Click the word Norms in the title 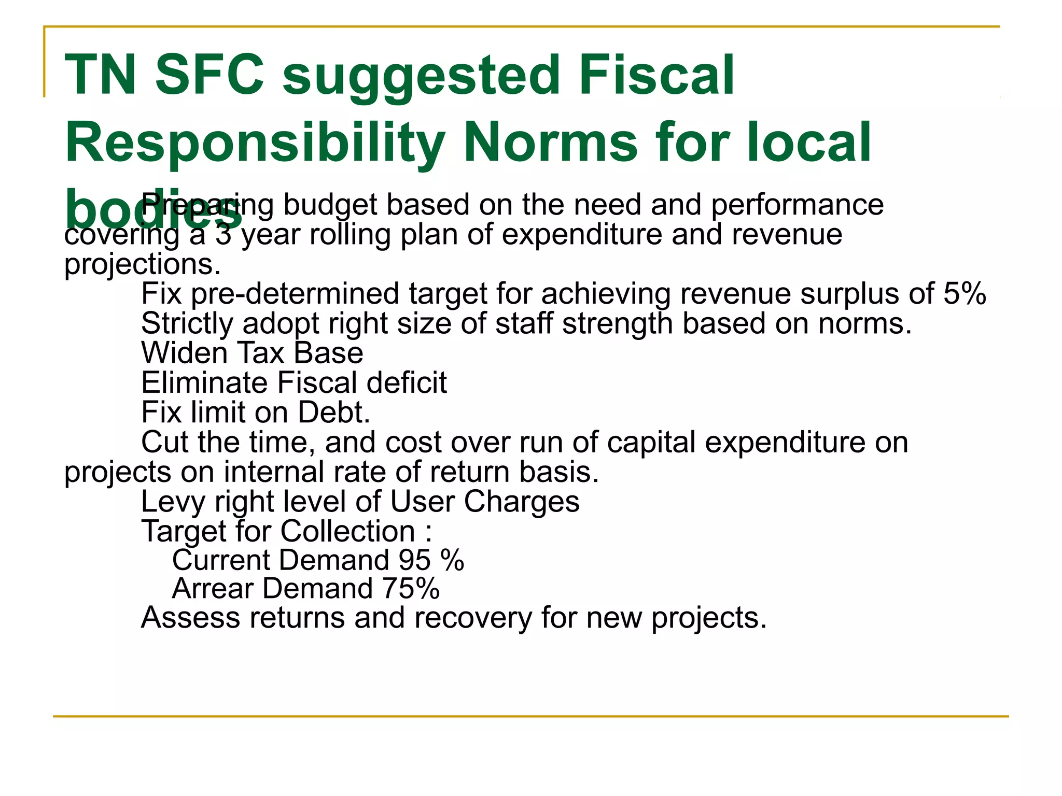(x=550, y=143)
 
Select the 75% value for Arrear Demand (x=411, y=589)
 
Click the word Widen (x=185, y=353)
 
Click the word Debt (x=334, y=413)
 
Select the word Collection (x=348, y=531)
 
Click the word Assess (x=190, y=618)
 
